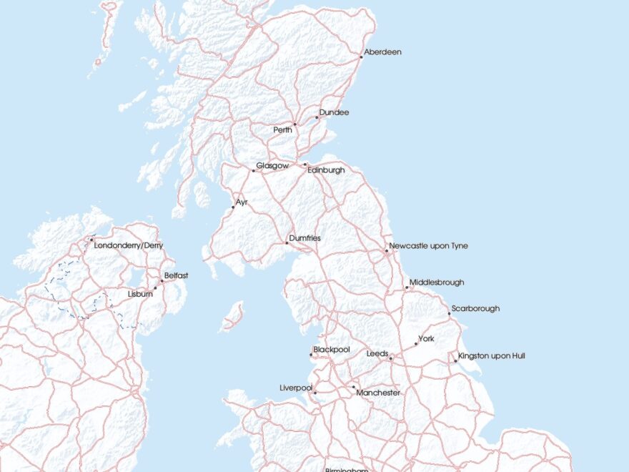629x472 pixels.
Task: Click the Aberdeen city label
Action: coord(382,52)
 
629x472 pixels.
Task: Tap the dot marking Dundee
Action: coord(317,117)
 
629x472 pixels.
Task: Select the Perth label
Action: coord(283,130)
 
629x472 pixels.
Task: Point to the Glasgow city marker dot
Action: coord(253,171)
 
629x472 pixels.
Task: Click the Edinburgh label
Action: coord(325,170)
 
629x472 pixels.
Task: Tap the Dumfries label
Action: coord(304,237)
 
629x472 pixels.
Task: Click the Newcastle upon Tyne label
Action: coord(428,246)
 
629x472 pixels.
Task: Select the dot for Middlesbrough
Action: coord(407,287)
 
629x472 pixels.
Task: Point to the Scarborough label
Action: coord(475,309)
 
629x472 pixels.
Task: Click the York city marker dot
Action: coord(416,344)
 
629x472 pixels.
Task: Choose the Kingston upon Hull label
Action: coord(491,355)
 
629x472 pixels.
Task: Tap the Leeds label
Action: coord(377,354)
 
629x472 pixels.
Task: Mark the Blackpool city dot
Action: coord(311,355)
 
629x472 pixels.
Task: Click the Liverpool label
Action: coord(296,388)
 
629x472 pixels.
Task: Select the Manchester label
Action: coord(378,393)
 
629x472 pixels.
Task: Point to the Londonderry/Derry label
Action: coord(129,245)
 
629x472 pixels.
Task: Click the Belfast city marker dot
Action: coord(162,281)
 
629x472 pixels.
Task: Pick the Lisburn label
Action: coord(140,294)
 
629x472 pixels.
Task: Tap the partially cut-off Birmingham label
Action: coord(347,469)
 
